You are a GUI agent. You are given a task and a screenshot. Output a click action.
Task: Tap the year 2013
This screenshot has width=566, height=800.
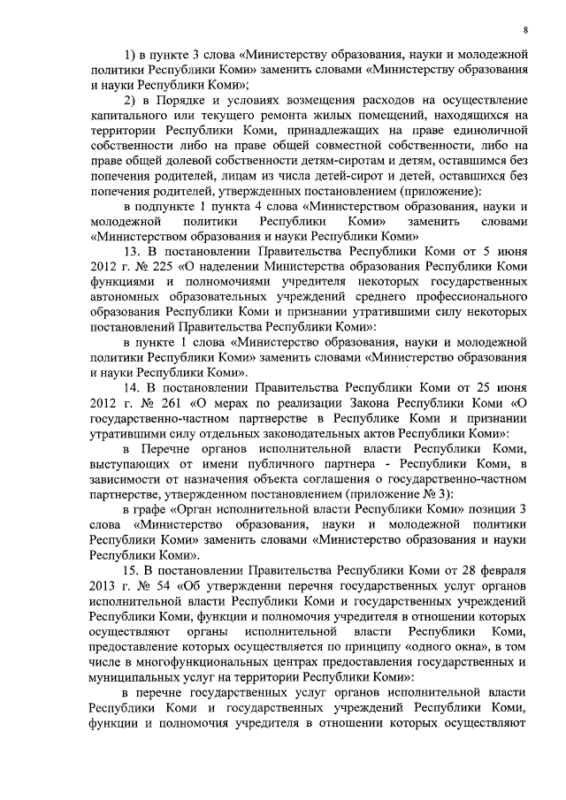tap(103, 586)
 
